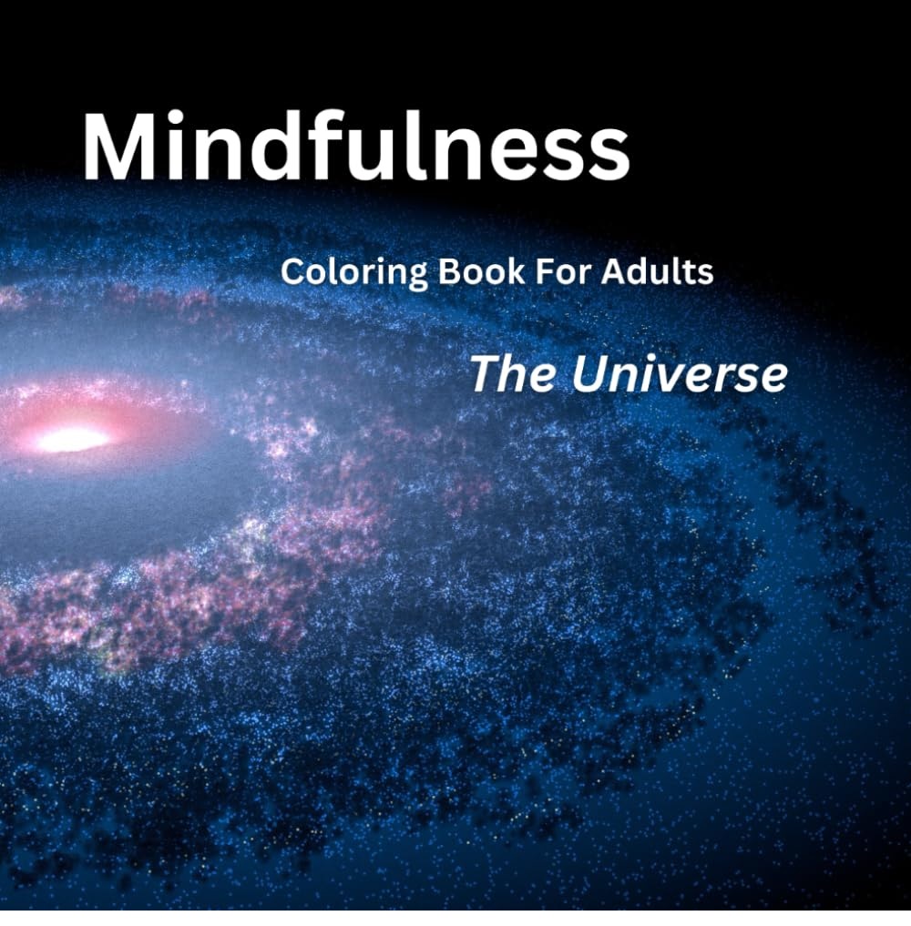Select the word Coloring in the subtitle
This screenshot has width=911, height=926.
click(353, 273)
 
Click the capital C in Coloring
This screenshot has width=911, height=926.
click(292, 271)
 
